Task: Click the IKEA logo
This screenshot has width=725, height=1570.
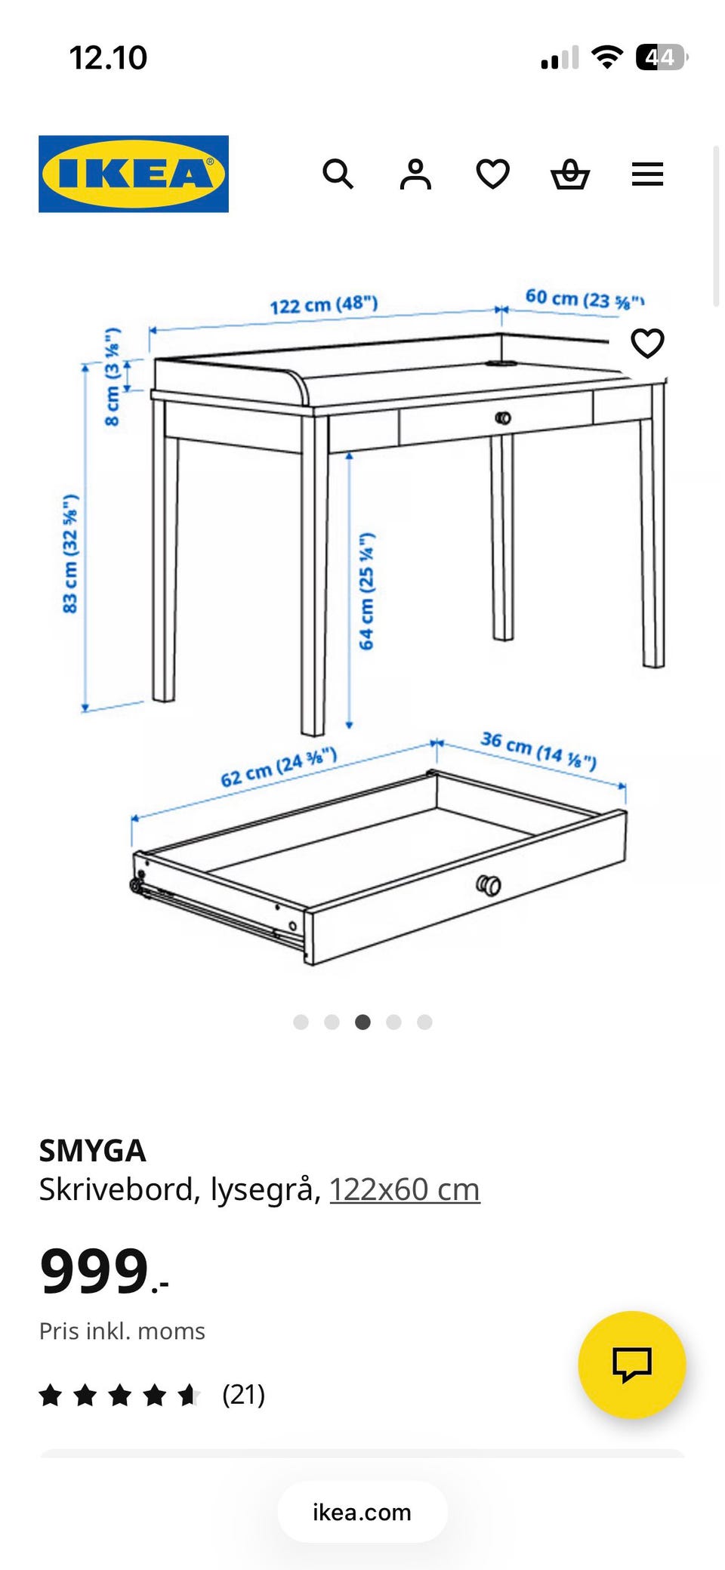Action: click(134, 174)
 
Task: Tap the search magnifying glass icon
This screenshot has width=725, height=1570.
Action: click(338, 174)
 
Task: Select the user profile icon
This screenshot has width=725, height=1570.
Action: click(415, 174)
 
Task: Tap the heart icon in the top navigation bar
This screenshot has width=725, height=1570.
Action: click(493, 174)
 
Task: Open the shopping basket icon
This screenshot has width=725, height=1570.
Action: click(570, 174)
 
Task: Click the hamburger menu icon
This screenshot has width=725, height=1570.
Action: click(647, 174)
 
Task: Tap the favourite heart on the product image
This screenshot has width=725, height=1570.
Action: click(647, 344)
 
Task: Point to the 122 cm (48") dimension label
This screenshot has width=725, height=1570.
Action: click(323, 305)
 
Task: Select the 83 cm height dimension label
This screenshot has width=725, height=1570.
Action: click(70, 554)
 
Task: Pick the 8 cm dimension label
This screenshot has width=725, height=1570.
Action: click(112, 377)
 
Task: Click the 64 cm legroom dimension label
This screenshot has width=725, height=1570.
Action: click(366, 591)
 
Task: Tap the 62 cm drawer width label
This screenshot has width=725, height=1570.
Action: click(279, 767)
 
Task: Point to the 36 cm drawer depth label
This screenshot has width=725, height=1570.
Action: click(538, 750)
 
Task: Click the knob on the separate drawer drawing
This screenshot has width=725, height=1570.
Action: click(489, 885)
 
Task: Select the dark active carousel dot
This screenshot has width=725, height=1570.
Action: click(362, 1022)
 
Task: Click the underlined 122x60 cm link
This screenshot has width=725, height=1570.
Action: click(405, 1189)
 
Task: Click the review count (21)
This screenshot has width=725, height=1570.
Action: click(243, 1395)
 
